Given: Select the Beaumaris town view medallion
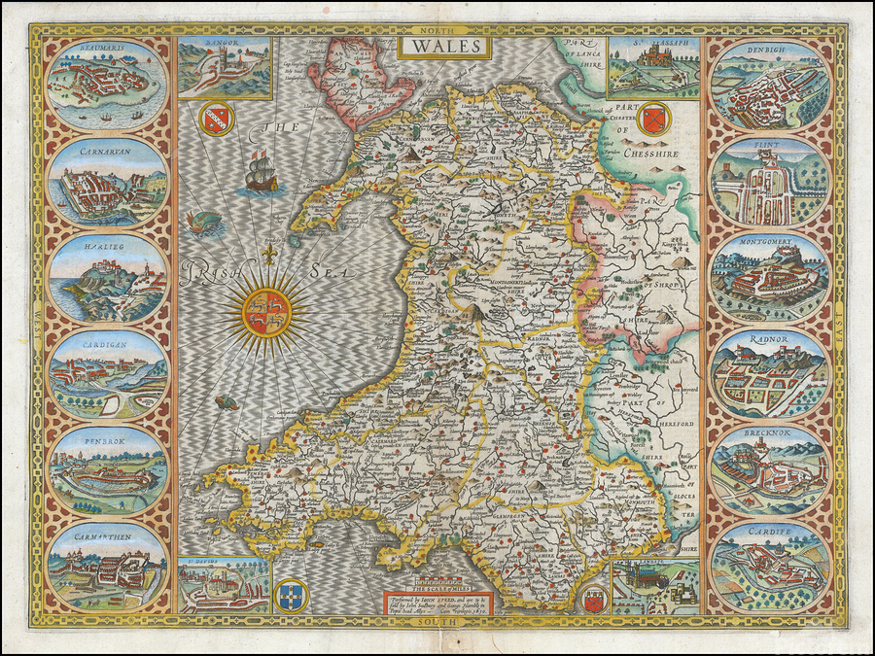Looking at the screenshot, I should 106,84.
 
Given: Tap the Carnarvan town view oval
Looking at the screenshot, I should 106,181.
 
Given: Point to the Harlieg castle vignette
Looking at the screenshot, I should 106,278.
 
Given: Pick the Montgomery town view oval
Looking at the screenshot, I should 769,277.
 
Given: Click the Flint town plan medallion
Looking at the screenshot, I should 769,181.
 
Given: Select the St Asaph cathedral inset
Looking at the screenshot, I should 653,68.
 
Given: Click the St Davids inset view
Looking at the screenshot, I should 225,584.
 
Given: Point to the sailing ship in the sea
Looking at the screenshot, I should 258,175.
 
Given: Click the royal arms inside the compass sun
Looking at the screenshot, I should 265,312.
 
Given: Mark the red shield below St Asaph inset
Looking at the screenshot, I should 653,119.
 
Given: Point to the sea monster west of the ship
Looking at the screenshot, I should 207,225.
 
